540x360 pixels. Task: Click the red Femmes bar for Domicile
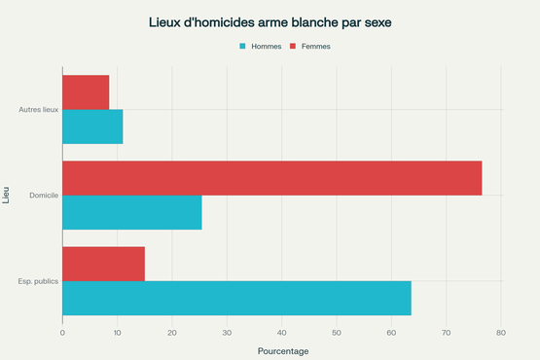click(271, 178)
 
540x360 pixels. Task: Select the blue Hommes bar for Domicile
click(132, 212)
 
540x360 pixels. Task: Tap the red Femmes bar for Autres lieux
click(86, 92)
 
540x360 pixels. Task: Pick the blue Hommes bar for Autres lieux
click(92, 126)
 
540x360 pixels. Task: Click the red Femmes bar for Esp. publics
click(103, 264)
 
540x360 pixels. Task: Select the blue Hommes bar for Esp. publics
click(236, 298)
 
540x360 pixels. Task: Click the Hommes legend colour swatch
click(243, 46)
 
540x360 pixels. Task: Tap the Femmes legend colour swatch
click(293, 46)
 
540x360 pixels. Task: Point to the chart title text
click(270, 22)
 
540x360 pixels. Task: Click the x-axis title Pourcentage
click(283, 350)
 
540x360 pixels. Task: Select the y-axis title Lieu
click(8, 195)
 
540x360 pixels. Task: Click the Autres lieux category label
click(39, 110)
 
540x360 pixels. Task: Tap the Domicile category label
click(44, 196)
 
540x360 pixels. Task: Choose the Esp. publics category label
click(39, 281)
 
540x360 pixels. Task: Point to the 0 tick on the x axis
click(62, 333)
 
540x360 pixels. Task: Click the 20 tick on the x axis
click(172, 333)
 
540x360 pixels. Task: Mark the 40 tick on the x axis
click(282, 333)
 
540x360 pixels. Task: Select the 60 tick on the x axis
click(391, 333)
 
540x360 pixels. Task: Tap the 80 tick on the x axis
click(501, 333)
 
